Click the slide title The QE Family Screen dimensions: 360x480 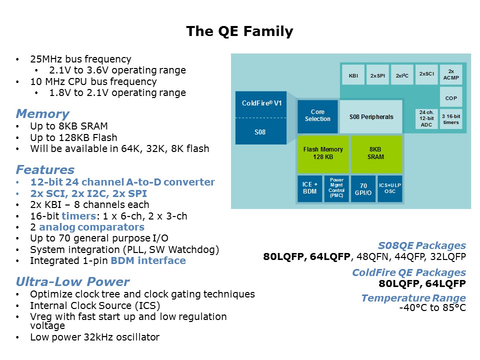[x=239, y=32]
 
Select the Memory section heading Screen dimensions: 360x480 [x=42, y=114]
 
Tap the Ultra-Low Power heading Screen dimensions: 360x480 [x=72, y=281]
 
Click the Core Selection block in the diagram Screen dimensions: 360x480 [x=317, y=115]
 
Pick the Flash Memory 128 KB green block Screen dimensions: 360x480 [x=323, y=153]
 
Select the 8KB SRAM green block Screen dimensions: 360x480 [x=376, y=153]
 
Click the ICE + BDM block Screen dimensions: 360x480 [x=309, y=188]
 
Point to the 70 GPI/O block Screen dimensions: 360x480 [x=363, y=188]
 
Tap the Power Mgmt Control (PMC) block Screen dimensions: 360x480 [x=336, y=188]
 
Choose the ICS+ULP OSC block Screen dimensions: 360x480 [x=390, y=188]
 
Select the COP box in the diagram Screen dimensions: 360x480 [x=450, y=97]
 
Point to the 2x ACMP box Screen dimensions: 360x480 [x=450, y=74]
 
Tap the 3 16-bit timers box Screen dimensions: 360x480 [x=450, y=119]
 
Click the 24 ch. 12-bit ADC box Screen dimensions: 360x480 [x=426, y=119]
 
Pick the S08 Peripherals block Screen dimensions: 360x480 [x=371, y=117]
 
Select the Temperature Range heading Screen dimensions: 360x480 [x=413, y=298]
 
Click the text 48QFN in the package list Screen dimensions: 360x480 [x=368, y=257]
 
